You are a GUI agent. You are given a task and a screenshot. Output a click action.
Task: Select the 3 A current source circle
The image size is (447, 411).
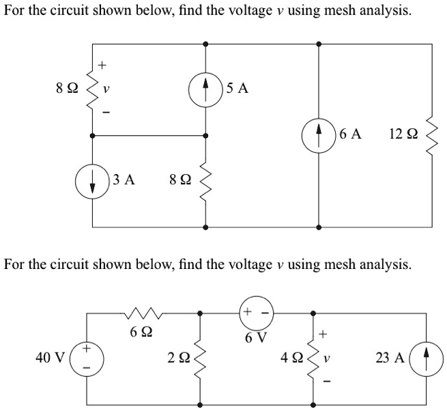point(91,180)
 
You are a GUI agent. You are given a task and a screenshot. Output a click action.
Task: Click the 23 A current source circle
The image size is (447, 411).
point(428,357)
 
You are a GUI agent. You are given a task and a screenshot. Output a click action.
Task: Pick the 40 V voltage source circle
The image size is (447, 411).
point(87,357)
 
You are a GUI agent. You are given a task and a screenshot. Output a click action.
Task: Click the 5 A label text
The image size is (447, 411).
point(238,89)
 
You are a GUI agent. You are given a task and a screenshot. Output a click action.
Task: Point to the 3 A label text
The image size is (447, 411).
point(124,180)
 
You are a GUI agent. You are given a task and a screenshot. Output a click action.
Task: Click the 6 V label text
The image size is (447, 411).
point(256,337)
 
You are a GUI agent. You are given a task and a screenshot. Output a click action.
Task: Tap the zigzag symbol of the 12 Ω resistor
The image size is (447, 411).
point(431,135)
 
